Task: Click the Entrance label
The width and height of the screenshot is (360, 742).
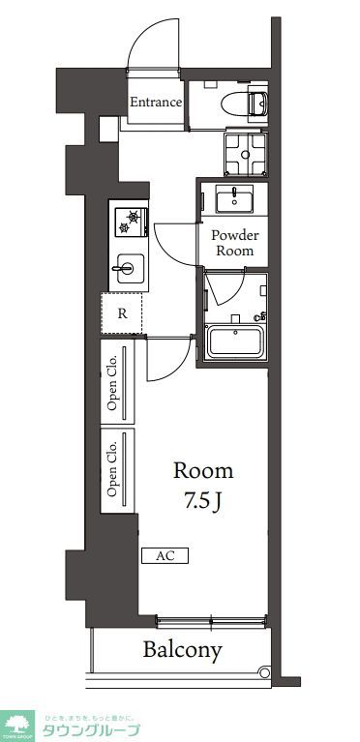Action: (x=156, y=102)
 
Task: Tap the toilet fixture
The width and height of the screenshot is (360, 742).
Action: (x=248, y=103)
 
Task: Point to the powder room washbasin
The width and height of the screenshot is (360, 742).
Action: (x=233, y=200)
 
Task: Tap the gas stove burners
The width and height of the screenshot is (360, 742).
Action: (x=129, y=222)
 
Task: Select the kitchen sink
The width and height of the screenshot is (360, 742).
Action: (x=128, y=268)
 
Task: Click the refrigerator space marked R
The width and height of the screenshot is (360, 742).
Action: (x=122, y=312)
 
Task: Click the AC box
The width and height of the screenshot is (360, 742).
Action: (x=165, y=556)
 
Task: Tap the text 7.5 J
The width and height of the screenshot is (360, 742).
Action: (x=203, y=503)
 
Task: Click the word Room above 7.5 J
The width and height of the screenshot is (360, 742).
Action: (x=203, y=471)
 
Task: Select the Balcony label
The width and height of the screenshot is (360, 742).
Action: (x=183, y=650)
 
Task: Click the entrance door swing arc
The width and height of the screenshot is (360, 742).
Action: (x=152, y=44)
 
